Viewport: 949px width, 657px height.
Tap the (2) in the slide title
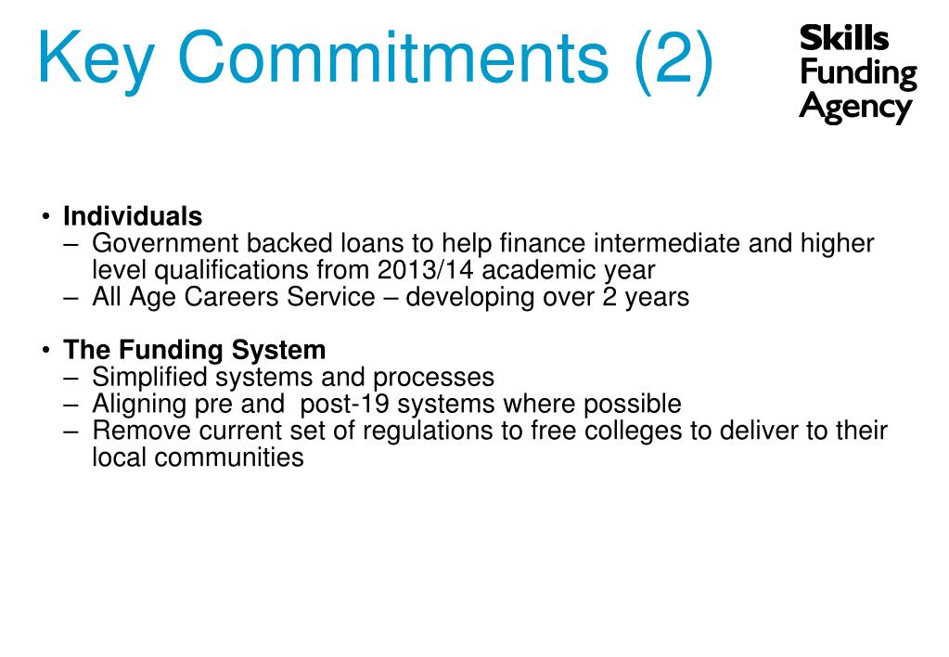[x=674, y=58]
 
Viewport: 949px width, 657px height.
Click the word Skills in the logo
[x=843, y=39]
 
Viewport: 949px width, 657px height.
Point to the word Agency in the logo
[x=854, y=108]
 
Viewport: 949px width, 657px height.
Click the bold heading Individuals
[x=133, y=216]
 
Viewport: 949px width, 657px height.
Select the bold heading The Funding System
[x=195, y=351]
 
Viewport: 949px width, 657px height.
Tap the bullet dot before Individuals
[x=46, y=217]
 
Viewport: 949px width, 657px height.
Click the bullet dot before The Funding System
[x=46, y=351]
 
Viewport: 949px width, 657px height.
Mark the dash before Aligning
[x=73, y=405]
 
